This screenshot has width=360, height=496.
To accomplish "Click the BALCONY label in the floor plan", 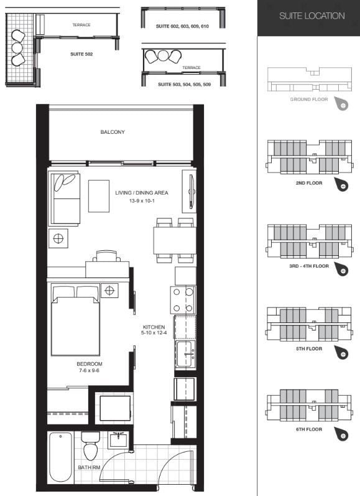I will coord(113,132).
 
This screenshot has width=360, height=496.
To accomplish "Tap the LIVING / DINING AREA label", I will coord(141,193).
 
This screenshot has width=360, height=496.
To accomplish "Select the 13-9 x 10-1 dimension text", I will coord(141,202).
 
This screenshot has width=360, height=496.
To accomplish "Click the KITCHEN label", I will coord(153,327).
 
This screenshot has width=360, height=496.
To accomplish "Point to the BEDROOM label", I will coord(90,363).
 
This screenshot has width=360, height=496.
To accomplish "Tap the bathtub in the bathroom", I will coord(60,456).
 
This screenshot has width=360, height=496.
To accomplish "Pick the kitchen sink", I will coord(185,354).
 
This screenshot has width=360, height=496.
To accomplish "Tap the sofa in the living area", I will coord(65,199).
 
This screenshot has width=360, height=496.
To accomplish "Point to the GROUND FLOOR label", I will coord(309,99).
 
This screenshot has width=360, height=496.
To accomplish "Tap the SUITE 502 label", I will coord(81,54).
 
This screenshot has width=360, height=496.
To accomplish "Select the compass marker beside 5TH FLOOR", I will coord(343,354).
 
